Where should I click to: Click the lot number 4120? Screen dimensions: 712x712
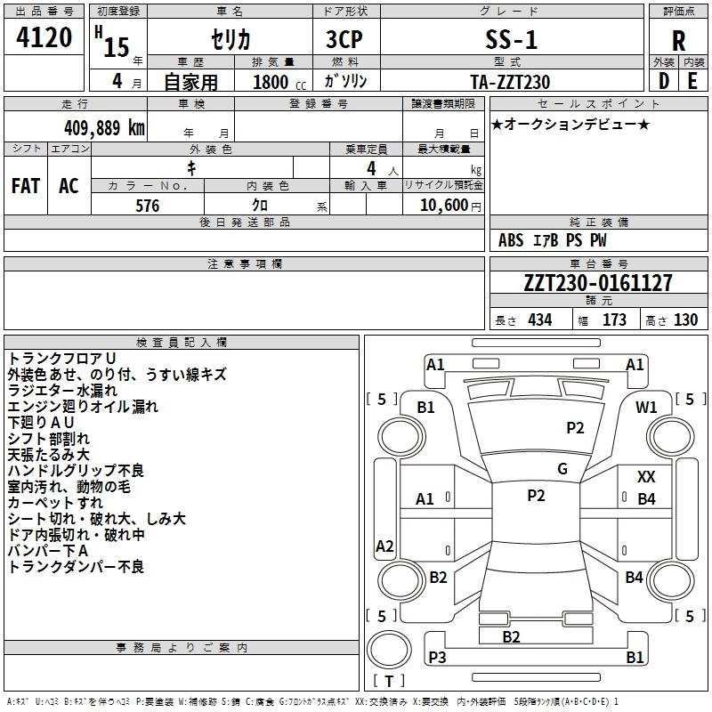click(44, 38)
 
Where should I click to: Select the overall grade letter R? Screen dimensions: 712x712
click(678, 41)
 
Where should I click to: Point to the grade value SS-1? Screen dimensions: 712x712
click(511, 40)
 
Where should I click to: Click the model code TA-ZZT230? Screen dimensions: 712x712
click(510, 82)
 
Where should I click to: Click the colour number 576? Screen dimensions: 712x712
click(147, 206)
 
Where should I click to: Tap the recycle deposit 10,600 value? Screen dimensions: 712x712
click(442, 206)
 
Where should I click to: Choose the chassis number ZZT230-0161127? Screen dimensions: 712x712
click(598, 283)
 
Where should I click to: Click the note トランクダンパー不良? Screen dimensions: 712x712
click(76, 566)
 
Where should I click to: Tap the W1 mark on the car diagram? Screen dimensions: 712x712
click(646, 407)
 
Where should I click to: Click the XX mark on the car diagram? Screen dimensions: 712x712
click(646, 477)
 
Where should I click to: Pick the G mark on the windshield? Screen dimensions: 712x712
click(562, 469)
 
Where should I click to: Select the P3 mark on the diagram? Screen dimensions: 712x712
click(437, 657)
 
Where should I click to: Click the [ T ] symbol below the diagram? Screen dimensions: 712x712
click(389, 682)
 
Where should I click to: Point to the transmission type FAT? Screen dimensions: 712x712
click(25, 186)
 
